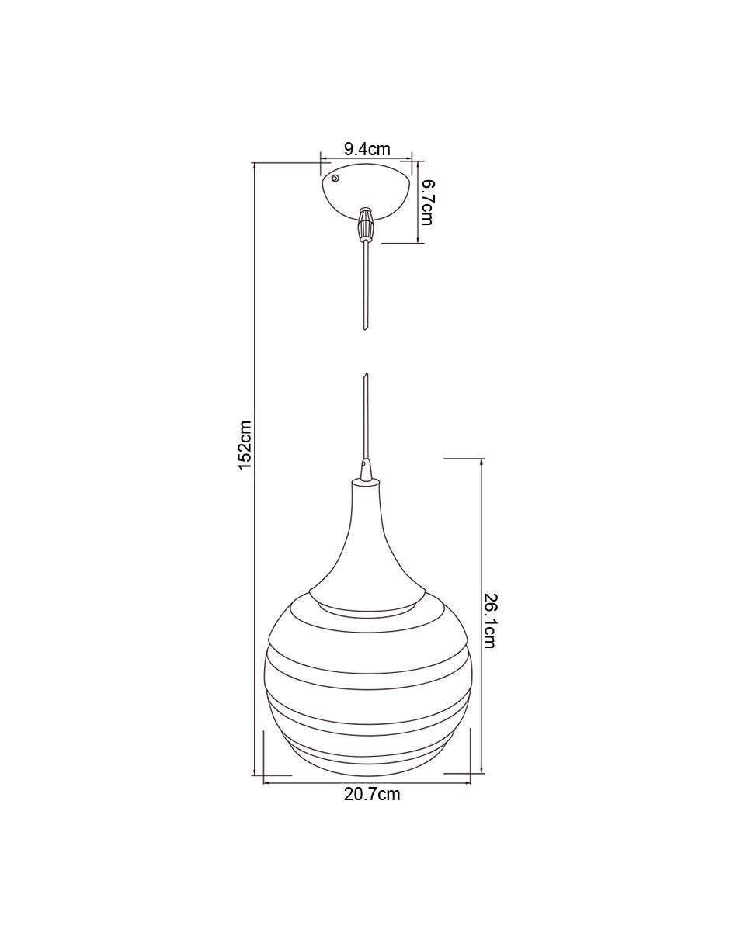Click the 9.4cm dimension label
[367, 149]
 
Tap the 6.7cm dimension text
[426, 203]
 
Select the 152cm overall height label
[245, 445]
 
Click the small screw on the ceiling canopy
[335, 178]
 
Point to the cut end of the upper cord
[366, 326]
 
